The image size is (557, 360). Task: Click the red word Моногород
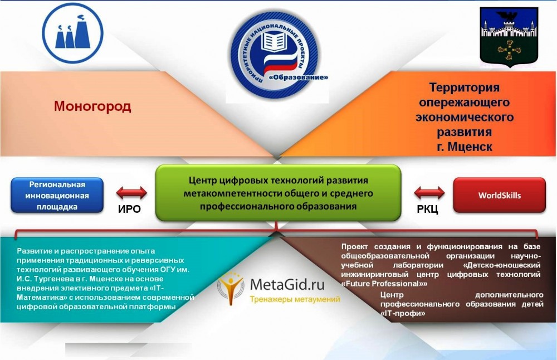coord(92,106)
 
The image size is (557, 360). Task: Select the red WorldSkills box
coord(499,196)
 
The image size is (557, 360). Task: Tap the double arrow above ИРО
coord(131,193)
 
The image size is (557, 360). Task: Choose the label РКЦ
coord(427,210)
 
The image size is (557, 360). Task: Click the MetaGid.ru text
coord(287,285)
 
